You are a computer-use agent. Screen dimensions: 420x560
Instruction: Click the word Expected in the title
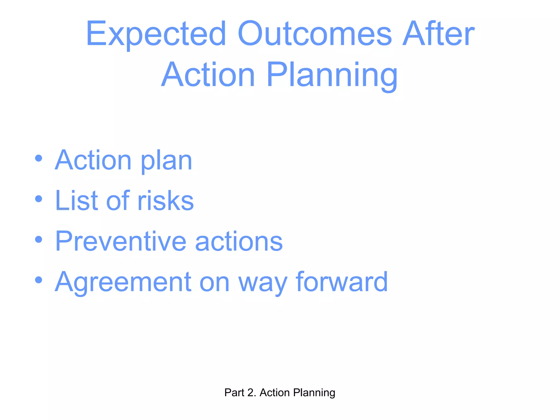point(156,34)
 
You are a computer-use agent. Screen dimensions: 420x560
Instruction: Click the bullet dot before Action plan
point(39,158)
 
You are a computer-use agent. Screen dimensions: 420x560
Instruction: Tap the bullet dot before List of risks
point(39,199)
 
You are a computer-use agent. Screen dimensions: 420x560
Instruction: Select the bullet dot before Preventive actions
point(39,240)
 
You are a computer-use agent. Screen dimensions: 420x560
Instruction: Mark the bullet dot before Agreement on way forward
point(39,280)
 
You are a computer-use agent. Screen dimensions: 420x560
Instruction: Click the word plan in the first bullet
point(166,161)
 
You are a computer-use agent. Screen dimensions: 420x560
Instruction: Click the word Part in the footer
point(234,393)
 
